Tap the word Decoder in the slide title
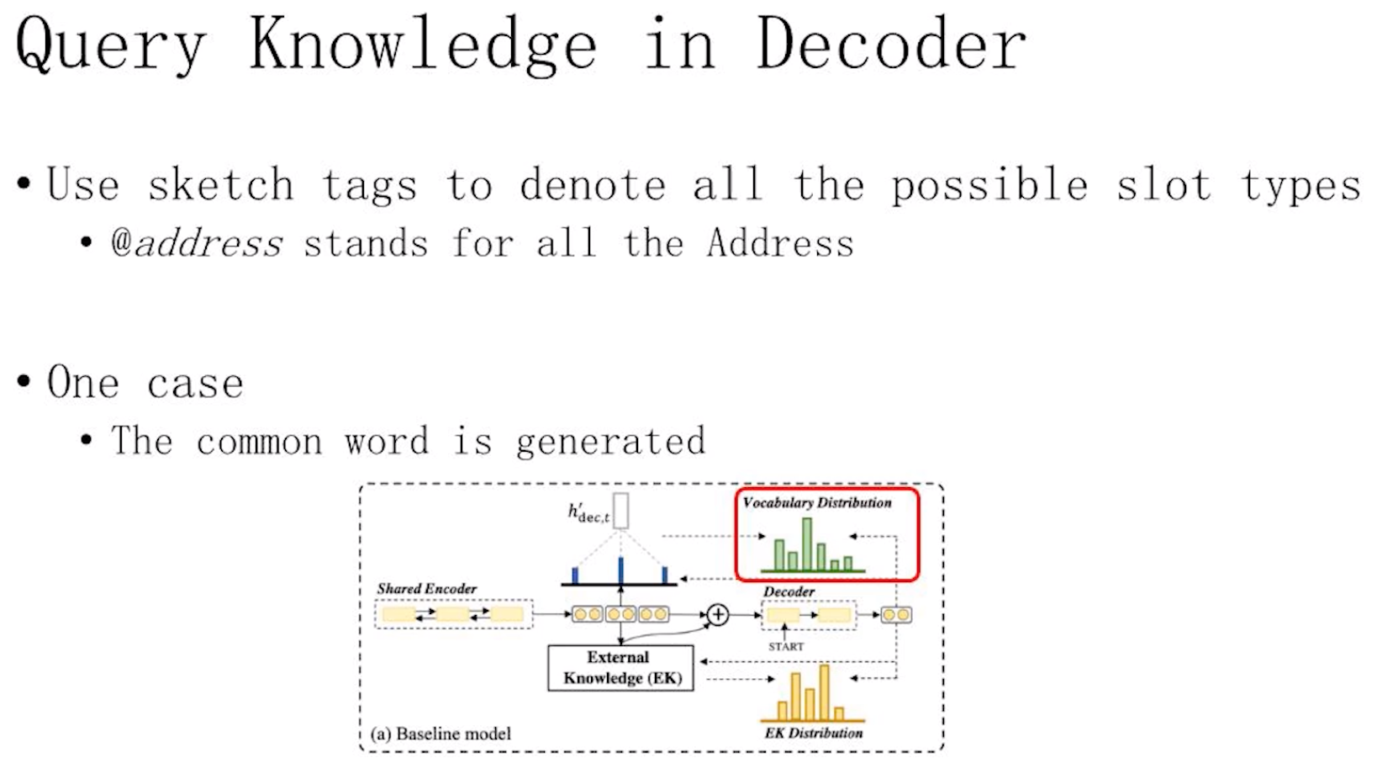click(x=891, y=42)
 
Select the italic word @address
click(x=197, y=243)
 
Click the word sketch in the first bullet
click(x=221, y=184)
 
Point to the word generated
click(x=610, y=442)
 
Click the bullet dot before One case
click(x=24, y=381)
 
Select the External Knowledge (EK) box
click(x=621, y=667)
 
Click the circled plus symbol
click(x=718, y=615)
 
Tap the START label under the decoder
click(x=786, y=647)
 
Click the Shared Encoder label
click(x=426, y=589)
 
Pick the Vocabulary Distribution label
click(x=817, y=502)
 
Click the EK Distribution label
click(x=813, y=733)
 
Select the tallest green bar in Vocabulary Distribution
click(x=807, y=543)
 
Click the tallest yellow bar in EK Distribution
click(x=825, y=692)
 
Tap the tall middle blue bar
click(x=621, y=570)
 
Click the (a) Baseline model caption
click(x=441, y=734)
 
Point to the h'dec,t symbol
click(x=588, y=512)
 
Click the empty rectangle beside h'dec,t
click(x=621, y=510)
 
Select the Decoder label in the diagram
click(x=789, y=591)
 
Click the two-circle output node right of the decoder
click(x=896, y=615)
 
